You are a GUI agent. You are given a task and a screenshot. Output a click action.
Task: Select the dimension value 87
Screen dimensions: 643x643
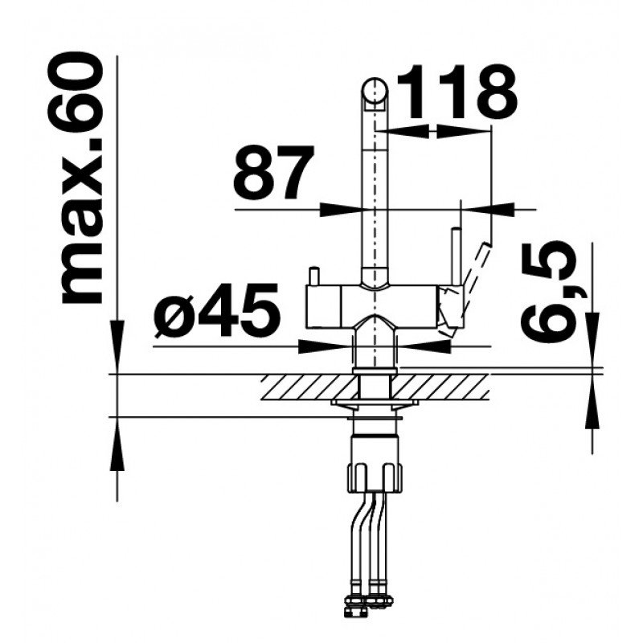(273, 172)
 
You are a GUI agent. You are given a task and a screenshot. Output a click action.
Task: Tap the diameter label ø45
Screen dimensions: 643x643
(216, 309)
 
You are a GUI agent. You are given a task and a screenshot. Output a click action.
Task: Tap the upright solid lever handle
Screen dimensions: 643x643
(455, 256)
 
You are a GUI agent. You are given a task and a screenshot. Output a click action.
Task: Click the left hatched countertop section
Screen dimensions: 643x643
(309, 387)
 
